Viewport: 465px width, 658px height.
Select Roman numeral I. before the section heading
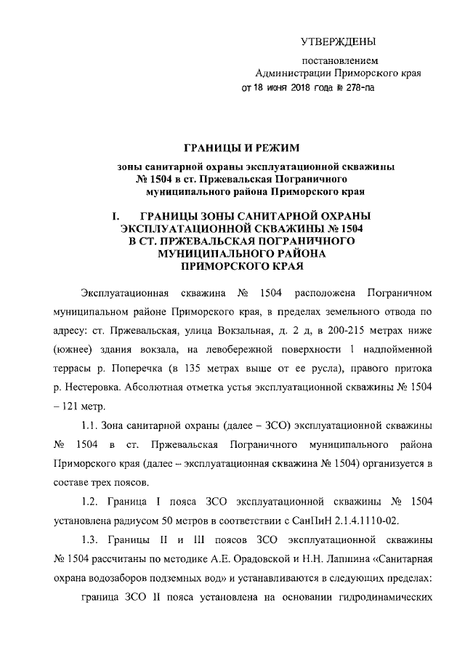[x=115, y=217]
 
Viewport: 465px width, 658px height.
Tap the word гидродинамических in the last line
[x=381, y=594]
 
